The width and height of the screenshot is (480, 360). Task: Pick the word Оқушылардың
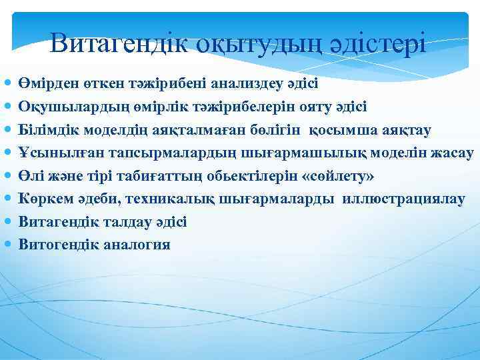pos(71,107)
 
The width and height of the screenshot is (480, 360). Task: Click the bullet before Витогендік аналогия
pos(7,245)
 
